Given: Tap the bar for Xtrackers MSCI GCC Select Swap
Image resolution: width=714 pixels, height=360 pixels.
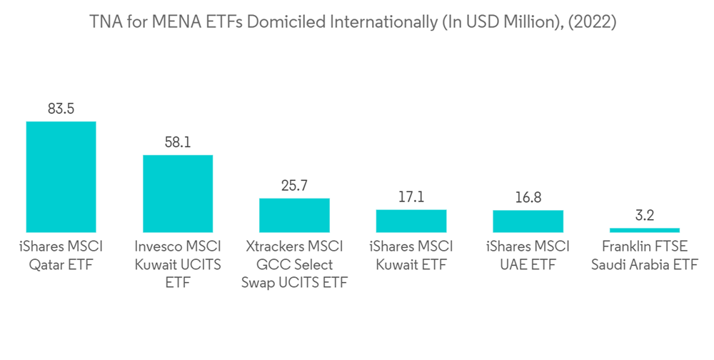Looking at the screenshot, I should click(x=294, y=215).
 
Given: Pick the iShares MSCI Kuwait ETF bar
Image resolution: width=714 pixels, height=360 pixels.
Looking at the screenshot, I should click(x=411, y=221).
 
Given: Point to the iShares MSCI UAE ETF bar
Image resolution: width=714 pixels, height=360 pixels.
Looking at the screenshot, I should click(x=528, y=221).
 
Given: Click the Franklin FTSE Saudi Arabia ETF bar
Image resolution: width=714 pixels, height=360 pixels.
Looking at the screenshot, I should click(x=645, y=230).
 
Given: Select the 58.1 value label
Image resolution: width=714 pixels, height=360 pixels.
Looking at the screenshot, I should click(x=178, y=143).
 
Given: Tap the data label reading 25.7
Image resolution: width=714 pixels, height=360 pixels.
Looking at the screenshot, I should click(x=294, y=186).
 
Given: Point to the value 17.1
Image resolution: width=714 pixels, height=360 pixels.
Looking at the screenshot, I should click(x=411, y=197).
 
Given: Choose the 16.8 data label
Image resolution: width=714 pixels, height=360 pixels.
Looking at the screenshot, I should click(x=528, y=198).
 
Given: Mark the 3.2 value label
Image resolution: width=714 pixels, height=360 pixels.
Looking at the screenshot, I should click(x=645, y=216).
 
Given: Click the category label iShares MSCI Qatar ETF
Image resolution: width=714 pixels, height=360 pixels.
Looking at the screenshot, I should click(x=61, y=256).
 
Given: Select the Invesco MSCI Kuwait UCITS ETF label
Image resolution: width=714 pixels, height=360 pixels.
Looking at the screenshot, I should click(x=178, y=265).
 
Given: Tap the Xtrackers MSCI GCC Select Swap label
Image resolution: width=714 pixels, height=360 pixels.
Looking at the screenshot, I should click(x=294, y=265).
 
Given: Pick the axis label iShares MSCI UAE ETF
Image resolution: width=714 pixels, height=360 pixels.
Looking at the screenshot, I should click(x=528, y=256).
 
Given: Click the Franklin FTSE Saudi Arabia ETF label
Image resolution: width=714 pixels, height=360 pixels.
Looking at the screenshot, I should click(x=645, y=256).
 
